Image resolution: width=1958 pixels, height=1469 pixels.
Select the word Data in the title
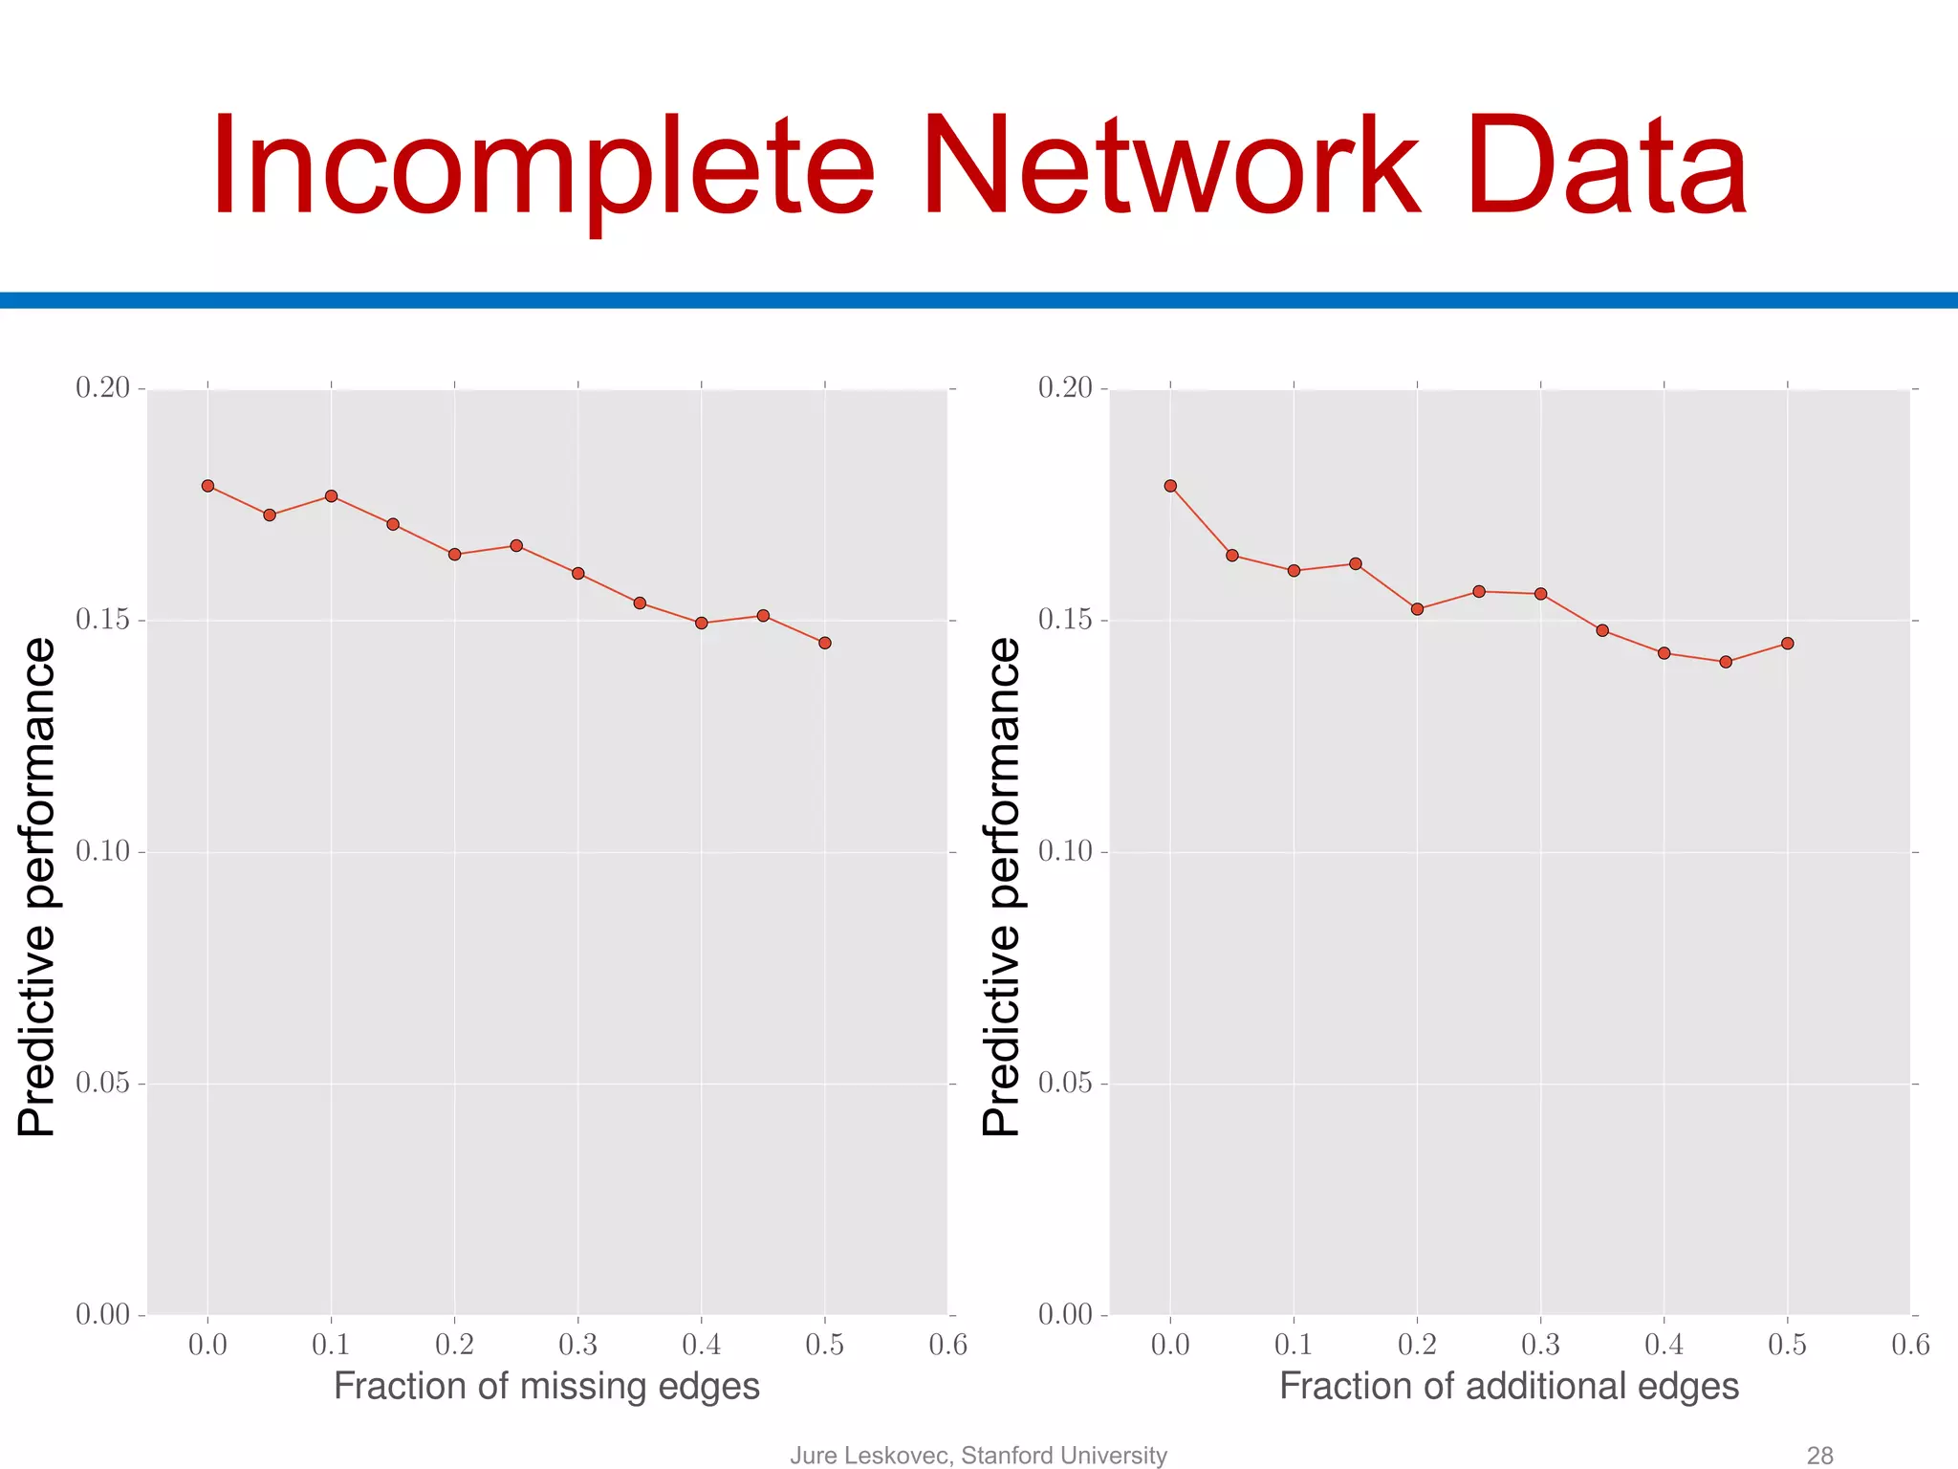1607,167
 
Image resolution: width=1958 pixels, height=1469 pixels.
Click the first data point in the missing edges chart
207,486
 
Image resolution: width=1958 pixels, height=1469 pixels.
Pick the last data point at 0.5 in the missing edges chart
825,643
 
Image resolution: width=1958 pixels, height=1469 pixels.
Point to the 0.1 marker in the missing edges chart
331,495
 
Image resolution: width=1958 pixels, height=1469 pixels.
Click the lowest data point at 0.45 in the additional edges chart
1726,662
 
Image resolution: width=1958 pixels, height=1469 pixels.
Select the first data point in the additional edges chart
1170,486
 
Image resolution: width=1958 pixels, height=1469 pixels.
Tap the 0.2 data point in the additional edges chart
1417,609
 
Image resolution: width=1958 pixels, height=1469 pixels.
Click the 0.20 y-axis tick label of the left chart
102,388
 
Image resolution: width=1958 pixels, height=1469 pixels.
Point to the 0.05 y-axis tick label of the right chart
1065,1084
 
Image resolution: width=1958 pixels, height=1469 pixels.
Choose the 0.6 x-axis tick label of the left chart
947,1345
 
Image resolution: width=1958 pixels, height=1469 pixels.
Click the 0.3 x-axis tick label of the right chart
1540,1345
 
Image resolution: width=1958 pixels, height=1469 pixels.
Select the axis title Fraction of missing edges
546,1387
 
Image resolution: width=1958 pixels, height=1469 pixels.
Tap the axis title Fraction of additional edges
1509,1387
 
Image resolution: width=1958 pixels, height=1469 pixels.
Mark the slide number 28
1819,1455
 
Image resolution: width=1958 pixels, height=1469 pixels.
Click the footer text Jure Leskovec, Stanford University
978,1455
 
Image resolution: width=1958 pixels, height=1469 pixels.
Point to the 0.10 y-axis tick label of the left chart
102,851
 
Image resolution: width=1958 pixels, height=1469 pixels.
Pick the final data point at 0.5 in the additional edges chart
1787,644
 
